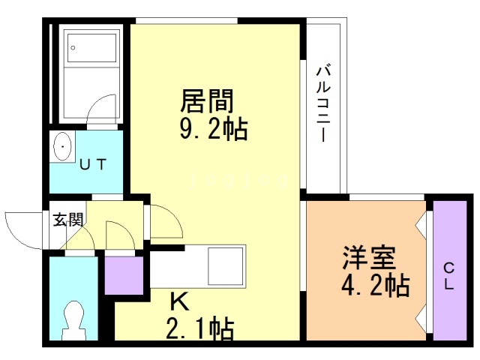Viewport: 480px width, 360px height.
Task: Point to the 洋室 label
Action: [x=369, y=259]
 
